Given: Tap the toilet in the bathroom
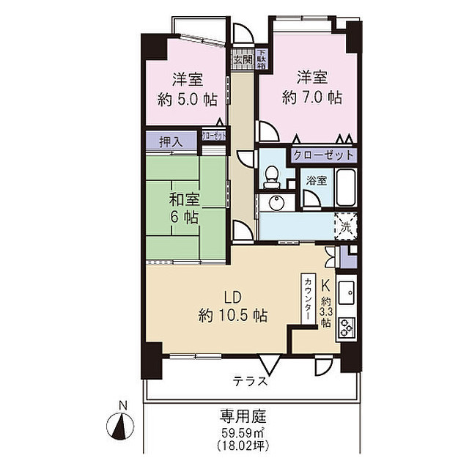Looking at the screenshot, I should pyautogui.click(x=272, y=174).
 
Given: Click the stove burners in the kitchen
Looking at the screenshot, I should pyautogui.click(x=346, y=325).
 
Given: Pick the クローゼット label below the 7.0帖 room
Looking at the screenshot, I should pyautogui.click(x=323, y=155).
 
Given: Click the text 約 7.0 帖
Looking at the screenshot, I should pyautogui.click(x=312, y=95).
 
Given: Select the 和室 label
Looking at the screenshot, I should pyautogui.click(x=185, y=199).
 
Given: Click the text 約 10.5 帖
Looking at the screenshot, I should pyautogui.click(x=232, y=316).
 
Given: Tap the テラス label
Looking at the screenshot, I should pyautogui.click(x=250, y=381).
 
